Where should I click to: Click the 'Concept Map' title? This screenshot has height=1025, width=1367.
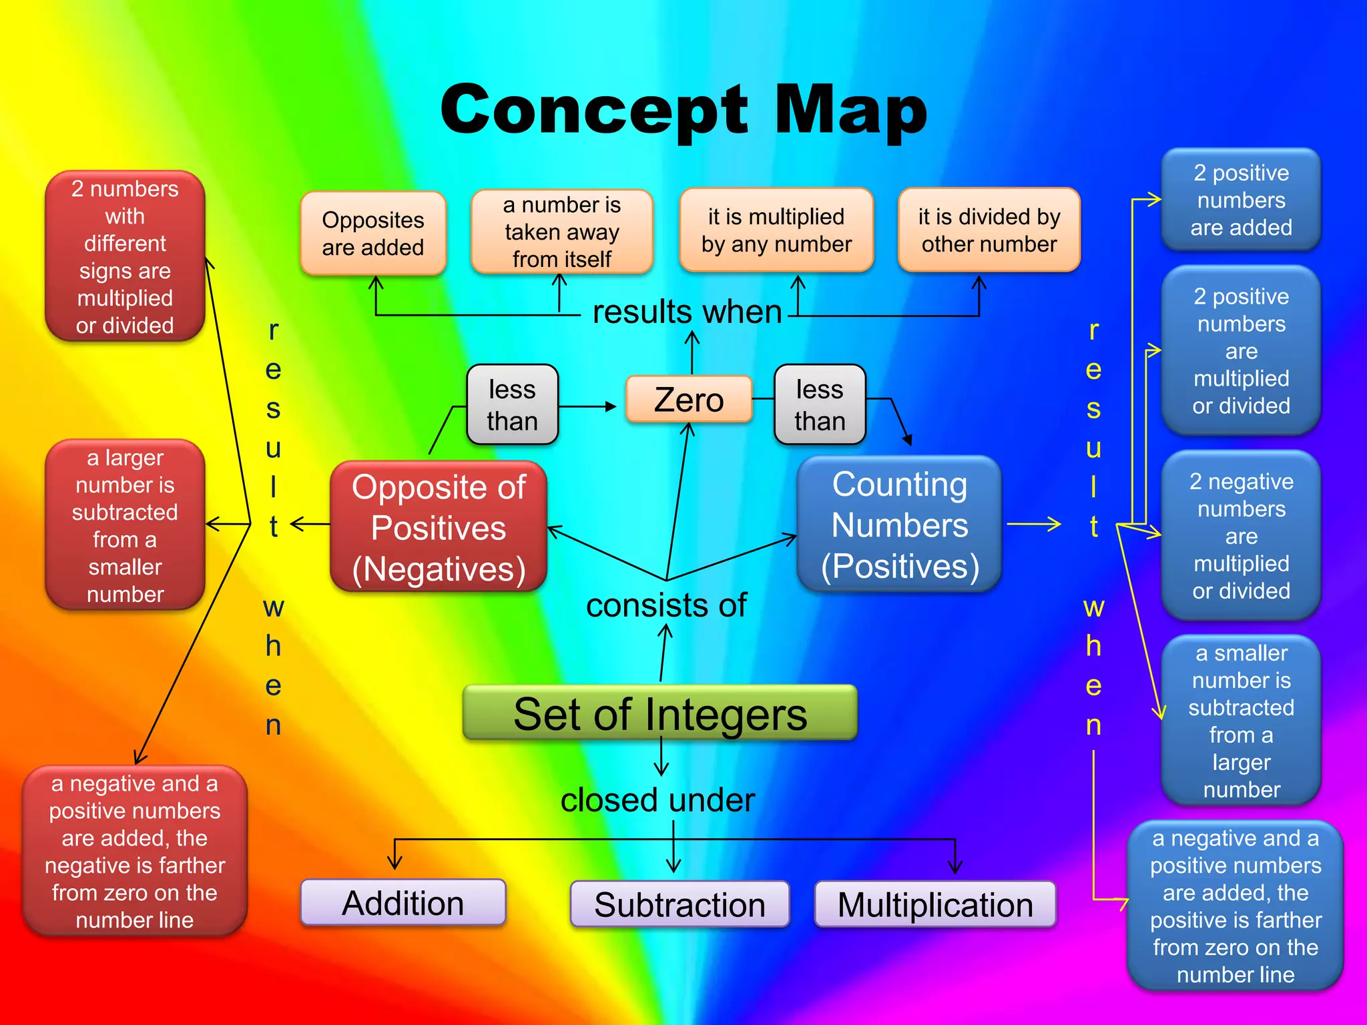(683, 110)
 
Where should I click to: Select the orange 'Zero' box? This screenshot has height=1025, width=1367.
(689, 400)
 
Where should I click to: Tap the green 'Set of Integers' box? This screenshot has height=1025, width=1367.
(659, 713)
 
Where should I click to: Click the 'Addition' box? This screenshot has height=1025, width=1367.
(403, 903)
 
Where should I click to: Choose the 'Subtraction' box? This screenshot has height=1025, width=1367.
(679, 904)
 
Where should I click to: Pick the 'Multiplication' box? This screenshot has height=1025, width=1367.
(935, 904)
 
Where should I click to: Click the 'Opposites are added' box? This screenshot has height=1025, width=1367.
(373, 234)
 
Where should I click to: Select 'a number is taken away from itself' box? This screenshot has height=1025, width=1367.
(562, 232)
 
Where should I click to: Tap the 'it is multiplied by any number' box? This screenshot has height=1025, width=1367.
(776, 230)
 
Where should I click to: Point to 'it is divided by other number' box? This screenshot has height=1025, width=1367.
(989, 230)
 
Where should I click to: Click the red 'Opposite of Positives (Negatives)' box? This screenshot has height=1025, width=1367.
(439, 527)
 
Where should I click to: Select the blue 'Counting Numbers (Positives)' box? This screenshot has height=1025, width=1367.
(899, 525)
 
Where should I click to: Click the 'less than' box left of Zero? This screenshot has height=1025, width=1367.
(512, 404)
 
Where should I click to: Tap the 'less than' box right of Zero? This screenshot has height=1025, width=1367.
(820, 404)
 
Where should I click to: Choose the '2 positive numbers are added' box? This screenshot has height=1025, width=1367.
(1241, 200)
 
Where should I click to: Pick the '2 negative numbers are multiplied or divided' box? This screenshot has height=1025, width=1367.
(1241, 536)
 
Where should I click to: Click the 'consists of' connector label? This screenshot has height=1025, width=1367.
(666, 605)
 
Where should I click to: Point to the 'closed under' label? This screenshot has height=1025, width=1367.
(657, 799)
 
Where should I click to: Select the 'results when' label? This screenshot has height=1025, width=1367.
(687, 312)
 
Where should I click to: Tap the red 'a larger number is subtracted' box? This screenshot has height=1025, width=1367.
(125, 525)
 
